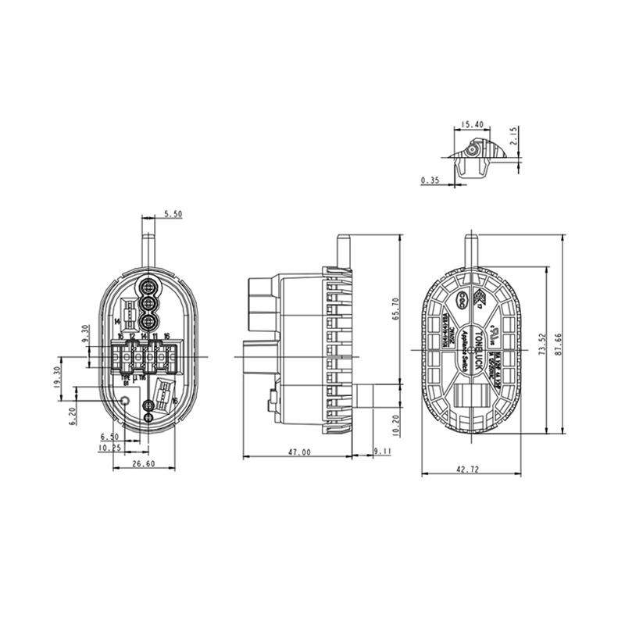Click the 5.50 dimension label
click(173, 213)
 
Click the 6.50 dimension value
click(109, 437)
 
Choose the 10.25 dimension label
click(109, 448)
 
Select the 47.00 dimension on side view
click(298, 452)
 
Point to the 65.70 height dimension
click(395, 309)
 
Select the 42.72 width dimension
click(469, 469)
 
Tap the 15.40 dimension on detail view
click(471, 124)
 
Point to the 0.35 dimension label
click(430, 180)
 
